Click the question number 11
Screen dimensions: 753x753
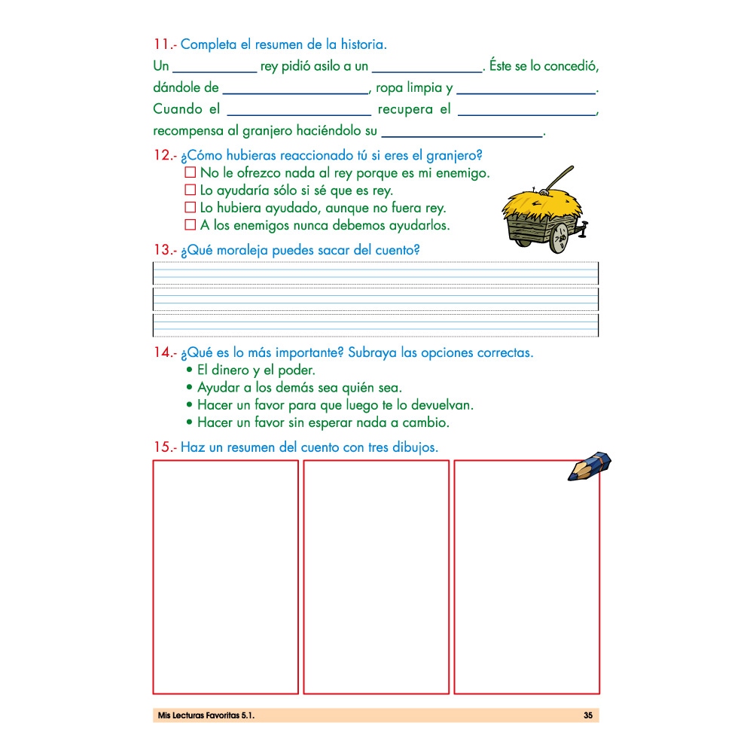(163, 44)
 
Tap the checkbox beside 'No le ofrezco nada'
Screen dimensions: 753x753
(190, 173)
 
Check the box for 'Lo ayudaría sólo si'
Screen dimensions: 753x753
(190, 191)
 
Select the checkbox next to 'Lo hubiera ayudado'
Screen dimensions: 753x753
(190, 208)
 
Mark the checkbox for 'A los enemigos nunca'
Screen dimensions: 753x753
(190, 225)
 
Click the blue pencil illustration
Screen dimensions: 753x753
(590, 466)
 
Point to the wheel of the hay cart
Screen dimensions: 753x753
(558, 240)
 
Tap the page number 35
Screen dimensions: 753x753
(588, 715)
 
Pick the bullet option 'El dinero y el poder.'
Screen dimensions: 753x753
(255, 370)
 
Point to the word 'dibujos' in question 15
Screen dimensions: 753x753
(413, 447)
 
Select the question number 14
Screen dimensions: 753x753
(163, 352)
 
